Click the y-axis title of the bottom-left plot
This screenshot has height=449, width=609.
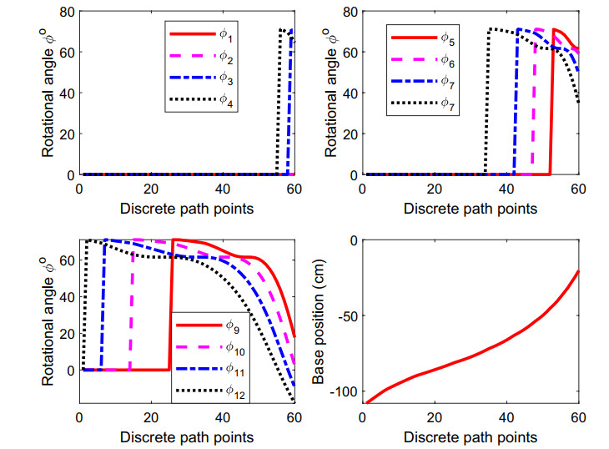point(48,321)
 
